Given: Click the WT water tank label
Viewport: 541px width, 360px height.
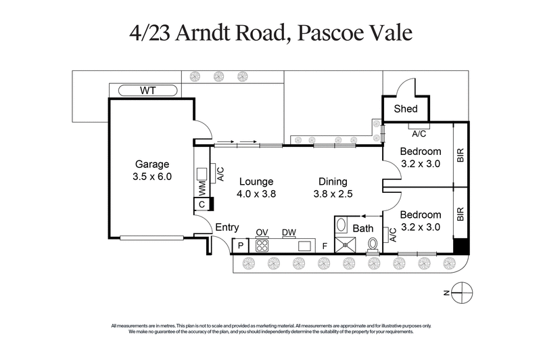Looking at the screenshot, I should tap(147, 90).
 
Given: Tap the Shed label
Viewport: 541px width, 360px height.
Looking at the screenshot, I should tap(406, 108).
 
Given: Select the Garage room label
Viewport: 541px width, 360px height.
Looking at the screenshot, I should tap(152, 164).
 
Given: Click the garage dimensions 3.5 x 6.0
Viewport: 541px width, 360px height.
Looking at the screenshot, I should tap(152, 177).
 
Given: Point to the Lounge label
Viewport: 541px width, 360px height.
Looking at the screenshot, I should tap(256, 181).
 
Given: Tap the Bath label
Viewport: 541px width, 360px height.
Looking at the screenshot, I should tap(362, 228).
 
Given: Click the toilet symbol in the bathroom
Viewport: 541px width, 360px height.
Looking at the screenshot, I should tap(372, 244).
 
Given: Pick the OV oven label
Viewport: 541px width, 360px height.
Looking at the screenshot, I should tap(262, 232).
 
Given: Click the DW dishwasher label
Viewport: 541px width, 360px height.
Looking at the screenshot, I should tap(289, 232).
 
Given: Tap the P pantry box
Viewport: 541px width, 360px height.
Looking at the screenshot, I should tap(240, 245).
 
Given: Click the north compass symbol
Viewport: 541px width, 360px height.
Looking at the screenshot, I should tap(462, 292).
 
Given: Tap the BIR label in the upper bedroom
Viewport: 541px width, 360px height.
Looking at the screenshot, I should tap(461, 155).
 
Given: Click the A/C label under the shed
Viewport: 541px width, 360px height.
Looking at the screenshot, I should tap(419, 133).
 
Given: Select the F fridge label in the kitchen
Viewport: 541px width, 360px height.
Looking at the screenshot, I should tap(325, 246).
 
